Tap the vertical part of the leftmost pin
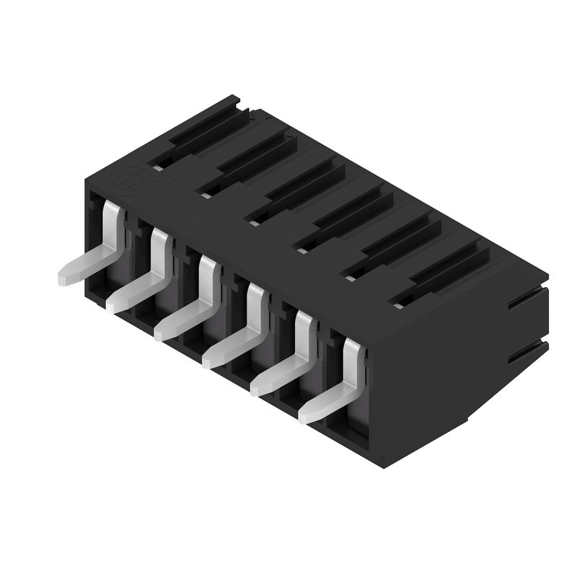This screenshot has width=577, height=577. point(112,224)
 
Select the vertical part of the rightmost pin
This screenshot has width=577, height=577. point(352,361)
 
